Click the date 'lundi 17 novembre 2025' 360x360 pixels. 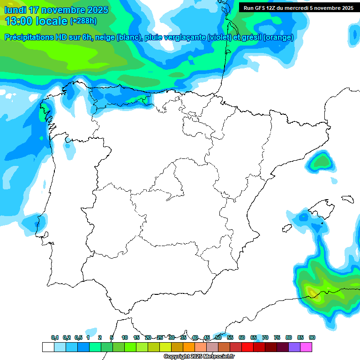tap(56, 10)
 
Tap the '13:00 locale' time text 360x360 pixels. tap(36, 21)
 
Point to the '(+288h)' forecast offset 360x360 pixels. tap(83, 21)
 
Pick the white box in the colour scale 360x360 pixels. tap(48, 347)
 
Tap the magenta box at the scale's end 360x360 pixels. tap(306, 347)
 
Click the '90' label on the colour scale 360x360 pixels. tap(312, 337)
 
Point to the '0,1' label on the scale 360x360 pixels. tap(55, 337)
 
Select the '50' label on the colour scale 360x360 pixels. tap(218, 337)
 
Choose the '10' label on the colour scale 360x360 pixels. tap(125, 337)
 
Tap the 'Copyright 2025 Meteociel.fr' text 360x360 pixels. tap(199, 357)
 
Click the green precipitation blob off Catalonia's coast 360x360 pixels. tap(322, 162)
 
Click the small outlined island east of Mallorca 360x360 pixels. tap(347, 199)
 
